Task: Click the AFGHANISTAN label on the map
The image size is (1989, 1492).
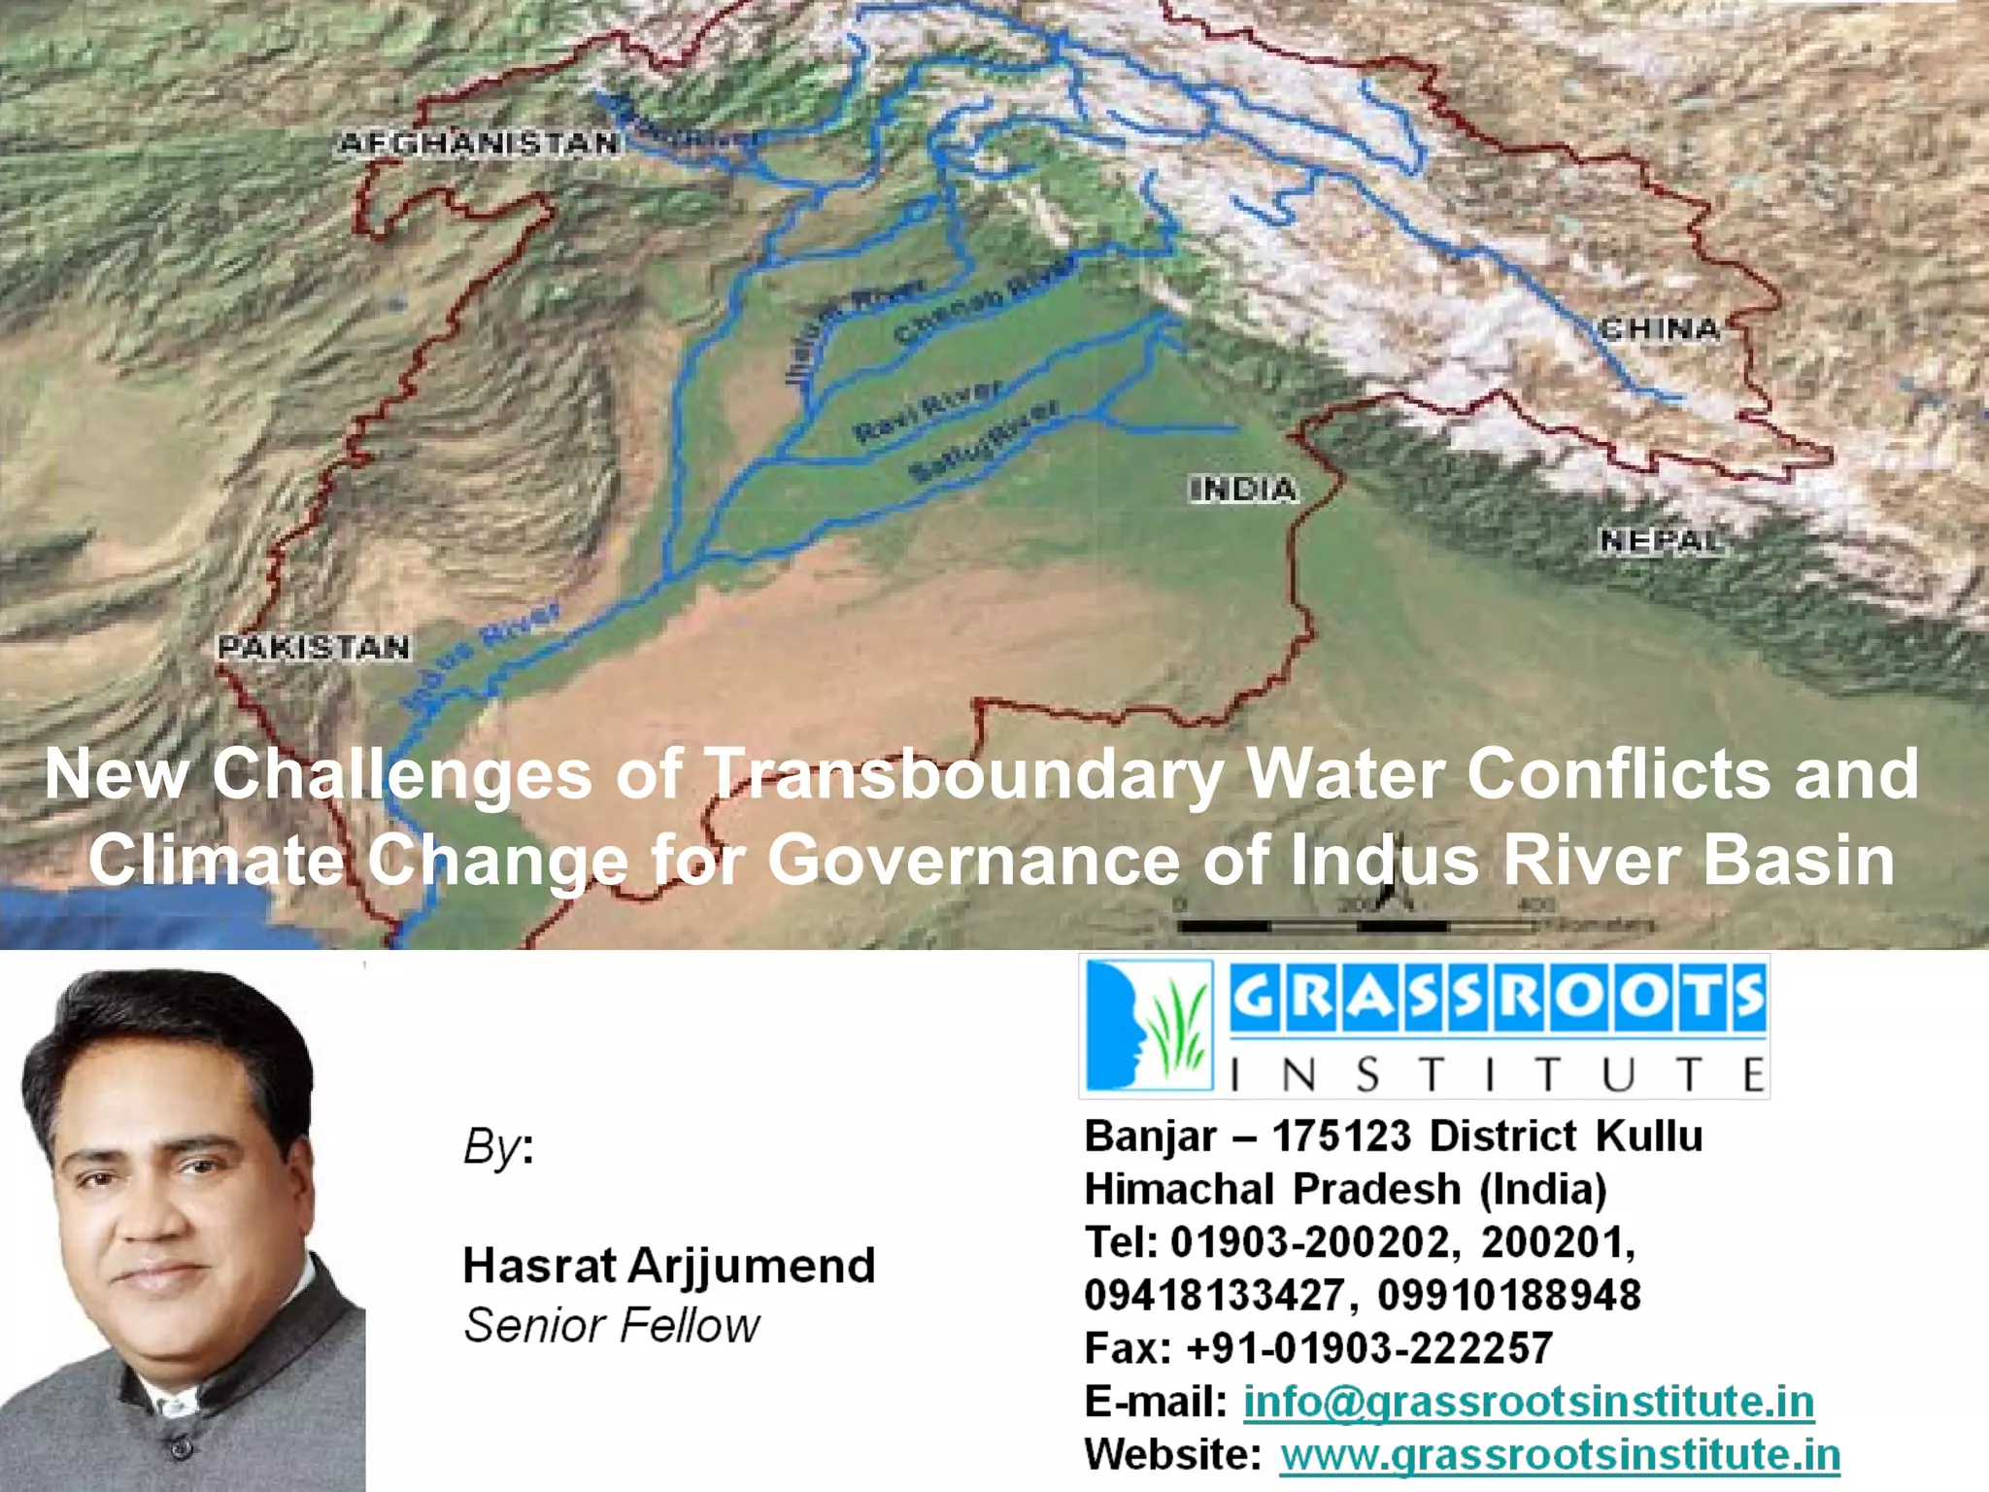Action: coord(479,144)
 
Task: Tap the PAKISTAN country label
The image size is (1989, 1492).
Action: coord(313,647)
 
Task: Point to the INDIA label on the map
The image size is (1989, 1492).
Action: coord(1243,489)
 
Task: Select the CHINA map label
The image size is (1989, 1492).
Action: coord(1659,329)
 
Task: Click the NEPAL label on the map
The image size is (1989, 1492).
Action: coord(1661,540)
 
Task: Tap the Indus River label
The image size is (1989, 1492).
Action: coord(482,656)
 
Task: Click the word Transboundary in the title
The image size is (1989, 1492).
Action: coord(963,774)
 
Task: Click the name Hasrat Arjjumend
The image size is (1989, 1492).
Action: coord(669,1266)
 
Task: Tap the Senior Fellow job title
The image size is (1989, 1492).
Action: coord(612,1325)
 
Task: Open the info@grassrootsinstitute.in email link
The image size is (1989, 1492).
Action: coord(1528,1402)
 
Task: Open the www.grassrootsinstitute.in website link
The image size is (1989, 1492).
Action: coord(1559,1455)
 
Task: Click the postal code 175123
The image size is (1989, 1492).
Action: coord(1341,1136)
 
